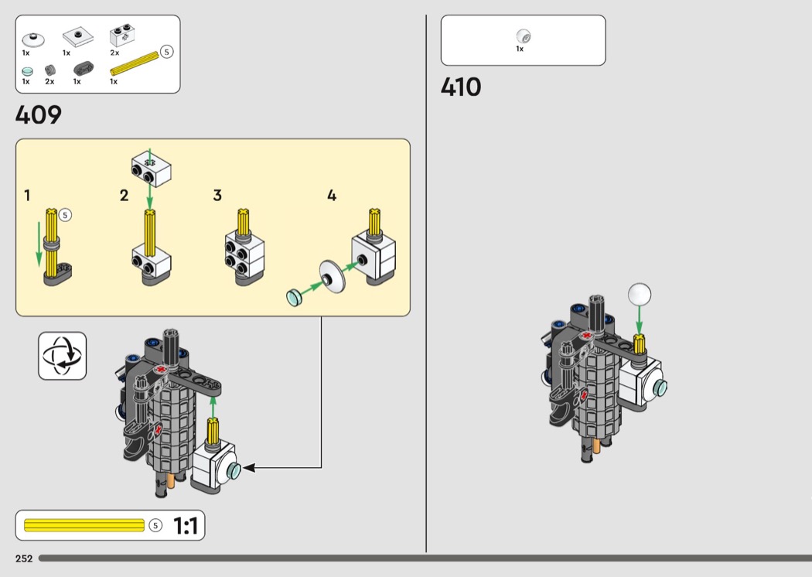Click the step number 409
(x=39, y=114)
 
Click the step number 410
(x=461, y=87)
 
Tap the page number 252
(x=24, y=558)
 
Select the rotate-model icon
(x=62, y=356)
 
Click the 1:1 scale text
(x=186, y=526)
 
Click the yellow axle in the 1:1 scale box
(x=84, y=525)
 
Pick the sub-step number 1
(x=27, y=195)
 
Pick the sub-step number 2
(x=124, y=195)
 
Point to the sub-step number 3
(x=217, y=195)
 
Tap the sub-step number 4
(x=332, y=195)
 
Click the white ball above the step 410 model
(x=639, y=294)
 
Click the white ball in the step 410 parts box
(x=524, y=36)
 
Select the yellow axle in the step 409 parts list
(x=134, y=63)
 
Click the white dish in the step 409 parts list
(x=33, y=39)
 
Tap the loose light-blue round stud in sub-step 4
(x=294, y=297)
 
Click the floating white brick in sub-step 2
(x=151, y=169)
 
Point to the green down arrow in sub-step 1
(x=39, y=244)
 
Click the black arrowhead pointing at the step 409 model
(x=249, y=468)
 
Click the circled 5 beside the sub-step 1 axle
(x=65, y=215)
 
